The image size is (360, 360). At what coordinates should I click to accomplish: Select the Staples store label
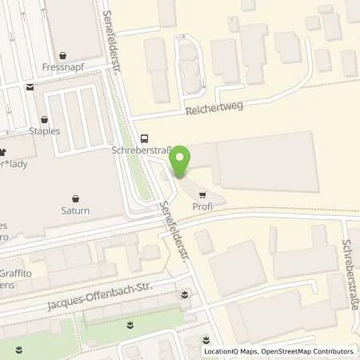pos(45,130)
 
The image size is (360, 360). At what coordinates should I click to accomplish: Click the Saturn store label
pos(74,211)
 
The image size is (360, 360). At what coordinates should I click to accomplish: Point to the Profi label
pos(202,206)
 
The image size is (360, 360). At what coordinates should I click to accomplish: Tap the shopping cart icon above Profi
pos(202,193)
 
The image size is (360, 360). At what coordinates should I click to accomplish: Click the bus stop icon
pos(143,137)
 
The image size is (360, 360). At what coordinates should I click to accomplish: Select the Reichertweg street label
pos(214,107)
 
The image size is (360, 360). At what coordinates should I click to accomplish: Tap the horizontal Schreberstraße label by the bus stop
pos(140,150)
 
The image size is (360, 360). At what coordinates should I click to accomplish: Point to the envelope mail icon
pos(30,88)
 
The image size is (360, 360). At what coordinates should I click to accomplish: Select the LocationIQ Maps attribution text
pos(229,351)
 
